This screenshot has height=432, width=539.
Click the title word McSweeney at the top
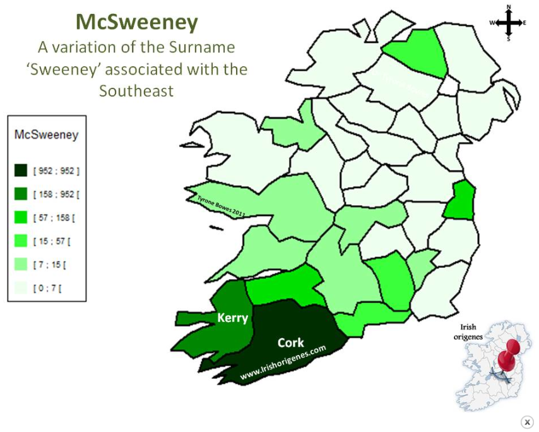(137, 22)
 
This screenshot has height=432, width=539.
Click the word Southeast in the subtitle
(136, 90)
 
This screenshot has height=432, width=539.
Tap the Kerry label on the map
(232, 318)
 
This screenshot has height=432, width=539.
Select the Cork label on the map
(290, 343)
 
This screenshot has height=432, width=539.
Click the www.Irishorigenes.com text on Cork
(283, 362)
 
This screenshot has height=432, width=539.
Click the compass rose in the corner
(508, 23)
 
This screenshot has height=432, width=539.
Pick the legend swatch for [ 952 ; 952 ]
(21, 171)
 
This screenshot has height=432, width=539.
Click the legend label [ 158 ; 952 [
(56, 195)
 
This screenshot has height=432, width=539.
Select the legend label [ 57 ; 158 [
(54, 218)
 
